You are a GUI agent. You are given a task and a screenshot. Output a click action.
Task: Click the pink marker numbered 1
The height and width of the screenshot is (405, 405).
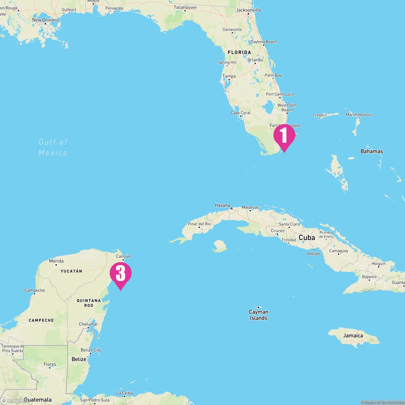point(284,135)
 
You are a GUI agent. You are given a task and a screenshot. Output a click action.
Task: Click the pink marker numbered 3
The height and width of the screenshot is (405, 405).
point(120,273)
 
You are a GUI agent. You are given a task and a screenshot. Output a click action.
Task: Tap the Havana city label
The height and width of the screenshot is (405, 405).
point(222,205)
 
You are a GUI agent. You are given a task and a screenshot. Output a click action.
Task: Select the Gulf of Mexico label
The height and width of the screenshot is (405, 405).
point(53,147)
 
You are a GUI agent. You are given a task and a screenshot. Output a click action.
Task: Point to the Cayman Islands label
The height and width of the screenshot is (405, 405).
point(259,315)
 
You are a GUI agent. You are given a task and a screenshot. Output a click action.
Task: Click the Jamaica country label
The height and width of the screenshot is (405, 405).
point(353,335)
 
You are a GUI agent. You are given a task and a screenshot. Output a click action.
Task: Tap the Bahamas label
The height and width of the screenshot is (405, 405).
point(372,151)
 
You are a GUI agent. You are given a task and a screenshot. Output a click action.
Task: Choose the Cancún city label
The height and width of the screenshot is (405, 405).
point(123,256)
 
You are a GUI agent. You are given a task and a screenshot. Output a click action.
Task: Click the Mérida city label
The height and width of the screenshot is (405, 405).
point(56,261)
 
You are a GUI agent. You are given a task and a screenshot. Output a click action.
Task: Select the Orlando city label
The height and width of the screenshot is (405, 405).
point(255,60)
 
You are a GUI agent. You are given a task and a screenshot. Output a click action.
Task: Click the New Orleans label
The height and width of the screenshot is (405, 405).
point(45,20)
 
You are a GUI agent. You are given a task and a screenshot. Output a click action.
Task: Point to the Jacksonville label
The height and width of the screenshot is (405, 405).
point(248,10)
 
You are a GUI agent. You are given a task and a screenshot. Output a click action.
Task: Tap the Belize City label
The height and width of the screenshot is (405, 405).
point(90,350)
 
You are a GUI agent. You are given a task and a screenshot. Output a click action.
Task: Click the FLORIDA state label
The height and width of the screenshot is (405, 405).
point(239,52)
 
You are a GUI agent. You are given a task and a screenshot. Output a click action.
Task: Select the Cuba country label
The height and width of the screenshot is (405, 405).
point(307,238)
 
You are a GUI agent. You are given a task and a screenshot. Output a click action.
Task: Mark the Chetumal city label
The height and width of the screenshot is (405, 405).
point(88,324)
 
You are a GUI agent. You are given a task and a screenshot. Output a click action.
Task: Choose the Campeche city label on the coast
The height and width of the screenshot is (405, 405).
point(34,290)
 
